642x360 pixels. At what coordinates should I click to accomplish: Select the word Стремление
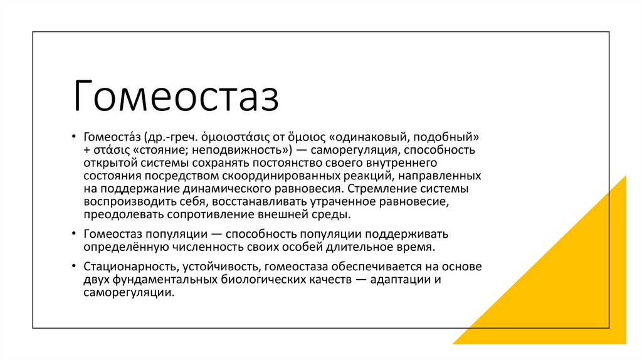coord(376,189)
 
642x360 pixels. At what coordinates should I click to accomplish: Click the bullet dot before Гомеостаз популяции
coord(73,234)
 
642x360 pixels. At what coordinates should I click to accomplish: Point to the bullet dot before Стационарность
coord(73,267)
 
